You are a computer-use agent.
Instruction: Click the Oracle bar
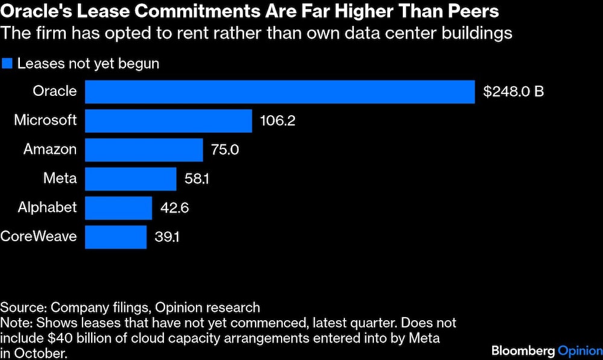pyautogui.click(x=280, y=92)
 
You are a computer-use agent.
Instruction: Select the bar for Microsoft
pyautogui.click(x=168, y=121)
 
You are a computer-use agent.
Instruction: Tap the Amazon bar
pyautogui.click(x=144, y=150)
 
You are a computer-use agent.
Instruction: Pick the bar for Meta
pyautogui.click(x=130, y=178)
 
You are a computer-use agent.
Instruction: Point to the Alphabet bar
pyautogui.click(x=118, y=207)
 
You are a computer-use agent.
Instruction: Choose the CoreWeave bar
pyautogui.click(x=116, y=236)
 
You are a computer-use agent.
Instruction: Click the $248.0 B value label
pyautogui.click(x=514, y=92)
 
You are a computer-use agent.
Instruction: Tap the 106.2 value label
pyautogui.click(x=277, y=121)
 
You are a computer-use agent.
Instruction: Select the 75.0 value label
pyautogui.click(x=224, y=150)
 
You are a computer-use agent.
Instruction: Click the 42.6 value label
pyautogui.click(x=175, y=207)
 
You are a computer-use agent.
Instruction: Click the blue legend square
pyautogui.click(x=7, y=63)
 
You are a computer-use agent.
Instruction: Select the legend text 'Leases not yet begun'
pyautogui.click(x=88, y=63)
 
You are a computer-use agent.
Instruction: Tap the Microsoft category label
pyautogui.click(x=45, y=120)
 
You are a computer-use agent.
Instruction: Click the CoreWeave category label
pyautogui.click(x=39, y=236)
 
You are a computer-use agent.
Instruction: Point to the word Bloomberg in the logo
pyautogui.click(x=522, y=350)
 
